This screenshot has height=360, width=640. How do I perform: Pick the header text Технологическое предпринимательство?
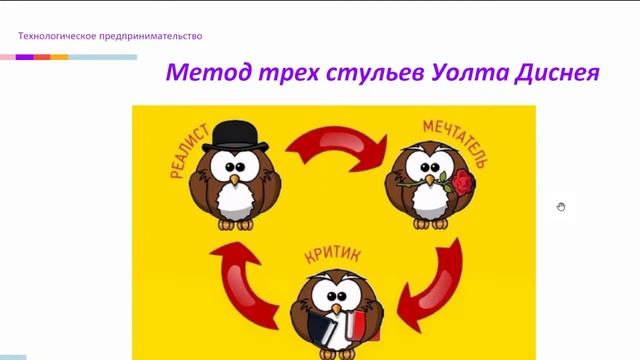click(x=111, y=36)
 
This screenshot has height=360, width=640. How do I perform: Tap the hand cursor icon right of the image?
click(x=562, y=206)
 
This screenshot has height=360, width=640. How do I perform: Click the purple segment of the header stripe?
click(x=25, y=57)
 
